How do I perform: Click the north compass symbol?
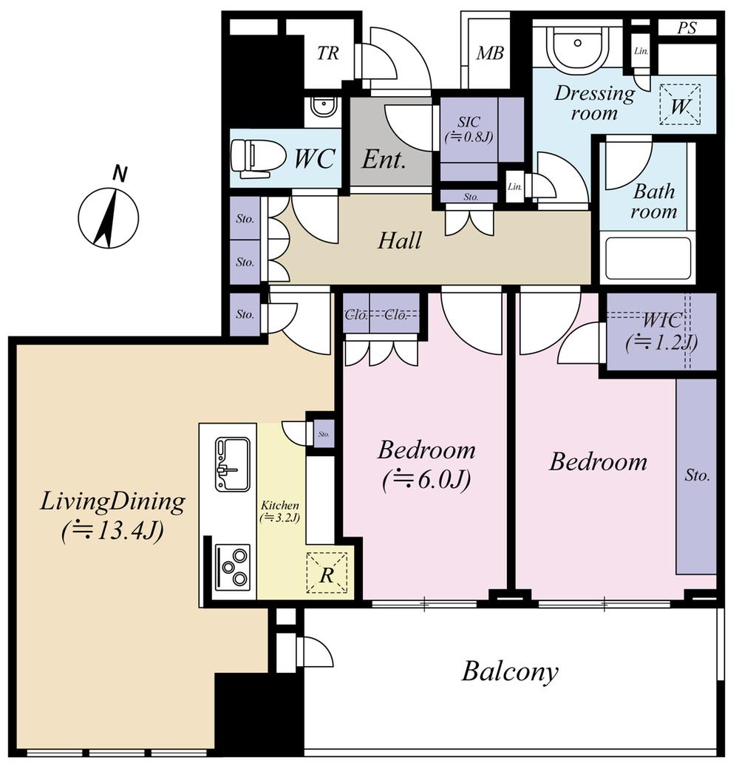point(108,217)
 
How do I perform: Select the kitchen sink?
point(232,464)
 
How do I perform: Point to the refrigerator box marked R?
point(326,574)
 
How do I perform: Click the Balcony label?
point(510,672)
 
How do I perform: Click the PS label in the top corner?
point(687,29)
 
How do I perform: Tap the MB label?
point(489,53)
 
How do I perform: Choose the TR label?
point(328,53)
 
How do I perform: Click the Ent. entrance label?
point(384,160)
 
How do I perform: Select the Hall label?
point(400,240)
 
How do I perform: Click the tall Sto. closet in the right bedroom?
point(696,475)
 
